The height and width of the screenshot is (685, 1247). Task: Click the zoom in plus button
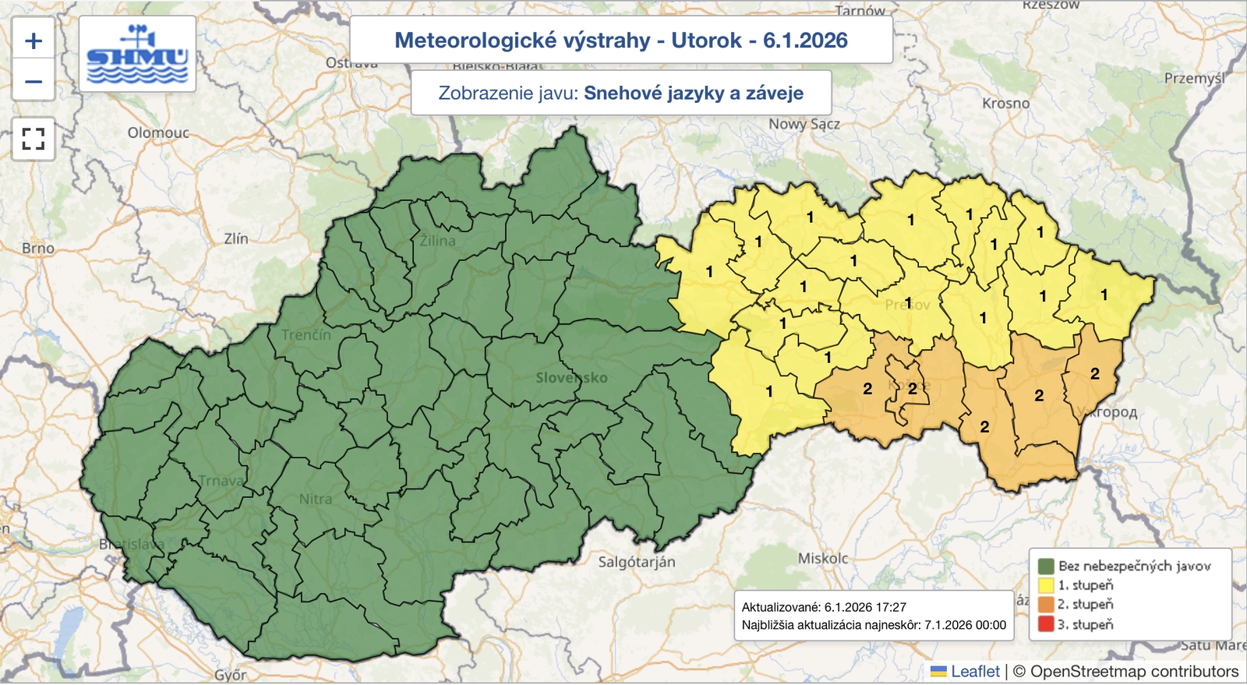click(x=34, y=41)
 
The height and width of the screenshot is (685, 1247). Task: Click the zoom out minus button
click(x=34, y=81)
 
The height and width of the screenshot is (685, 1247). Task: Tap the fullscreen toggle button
click(x=34, y=139)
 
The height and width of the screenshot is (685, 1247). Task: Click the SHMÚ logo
click(x=137, y=54)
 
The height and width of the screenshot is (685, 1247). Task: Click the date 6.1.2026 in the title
click(x=805, y=41)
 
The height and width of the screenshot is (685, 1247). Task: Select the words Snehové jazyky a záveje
click(x=693, y=94)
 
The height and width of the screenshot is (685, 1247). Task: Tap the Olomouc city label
click(x=158, y=132)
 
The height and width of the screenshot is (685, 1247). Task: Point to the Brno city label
click(x=38, y=248)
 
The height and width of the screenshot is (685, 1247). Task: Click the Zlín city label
click(x=236, y=238)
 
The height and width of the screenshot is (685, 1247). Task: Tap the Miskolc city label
click(x=822, y=558)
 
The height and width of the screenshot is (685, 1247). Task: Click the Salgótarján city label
click(x=636, y=561)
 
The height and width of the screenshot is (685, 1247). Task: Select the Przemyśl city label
click(x=1194, y=78)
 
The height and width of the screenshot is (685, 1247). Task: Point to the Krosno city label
click(x=1005, y=103)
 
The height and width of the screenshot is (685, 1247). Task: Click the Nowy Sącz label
click(x=804, y=124)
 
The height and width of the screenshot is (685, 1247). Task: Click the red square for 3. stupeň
click(x=1046, y=624)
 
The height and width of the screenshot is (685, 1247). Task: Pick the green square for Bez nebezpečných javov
click(x=1046, y=566)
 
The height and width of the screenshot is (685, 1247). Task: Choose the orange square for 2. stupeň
click(x=1046, y=604)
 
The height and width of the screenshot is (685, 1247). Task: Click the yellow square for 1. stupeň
click(x=1046, y=584)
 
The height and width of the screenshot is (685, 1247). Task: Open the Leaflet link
click(x=974, y=671)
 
